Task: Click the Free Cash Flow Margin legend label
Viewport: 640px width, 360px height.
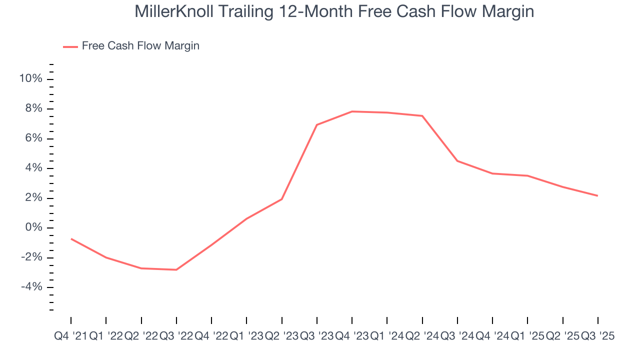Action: pos(140,46)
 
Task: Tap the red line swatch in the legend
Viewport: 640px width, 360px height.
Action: pos(70,46)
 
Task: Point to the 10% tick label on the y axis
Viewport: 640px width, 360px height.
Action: pos(30,79)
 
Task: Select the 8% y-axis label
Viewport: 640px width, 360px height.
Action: pos(33,109)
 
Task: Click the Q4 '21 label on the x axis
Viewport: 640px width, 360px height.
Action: pos(70,336)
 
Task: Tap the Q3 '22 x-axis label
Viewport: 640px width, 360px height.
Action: pos(176,336)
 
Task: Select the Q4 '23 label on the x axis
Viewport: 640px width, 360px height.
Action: pos(352,336)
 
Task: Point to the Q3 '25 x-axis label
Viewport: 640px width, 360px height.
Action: pos(597,336)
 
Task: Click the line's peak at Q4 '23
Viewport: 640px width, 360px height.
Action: pos(352,111)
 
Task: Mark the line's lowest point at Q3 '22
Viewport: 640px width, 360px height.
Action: pos(176,270)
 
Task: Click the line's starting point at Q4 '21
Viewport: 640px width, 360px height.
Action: pos(71,239)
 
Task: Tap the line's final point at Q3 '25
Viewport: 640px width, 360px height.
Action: pos(597,195)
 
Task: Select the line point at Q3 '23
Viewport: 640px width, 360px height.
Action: pos(317,124)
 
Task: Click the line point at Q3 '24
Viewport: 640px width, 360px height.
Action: pos(457,161)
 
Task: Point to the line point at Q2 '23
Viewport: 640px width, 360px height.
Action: pos(282,199)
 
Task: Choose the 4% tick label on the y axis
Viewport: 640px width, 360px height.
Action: pos(33,168)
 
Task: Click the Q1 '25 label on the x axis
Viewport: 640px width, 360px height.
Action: pos(527,336)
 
